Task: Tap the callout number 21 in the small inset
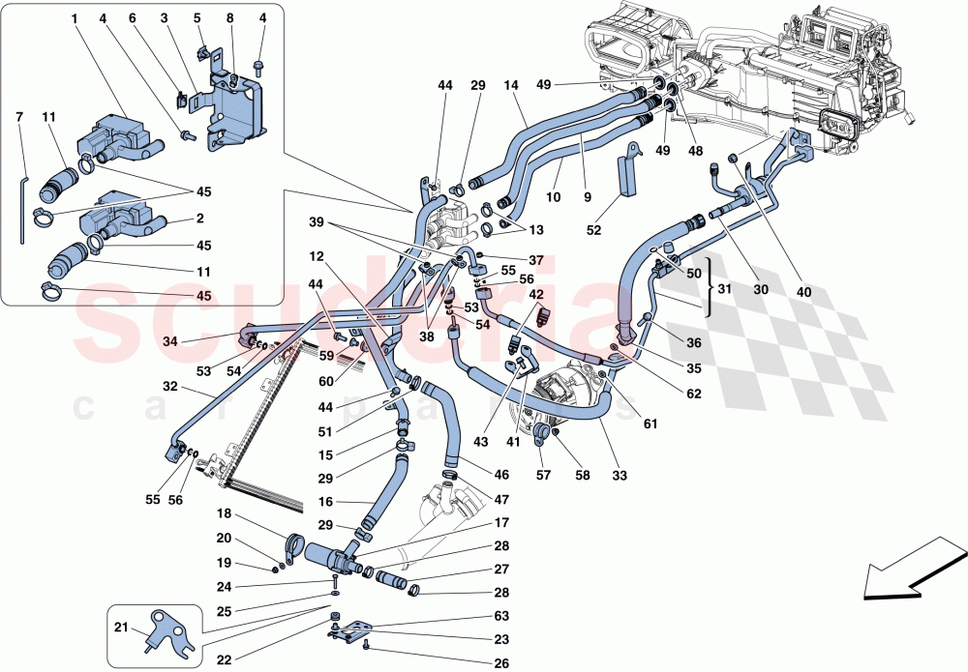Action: [122, 628]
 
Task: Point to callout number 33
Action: [620, 475]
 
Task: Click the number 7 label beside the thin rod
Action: [19, 117]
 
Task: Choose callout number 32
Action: [170, 386]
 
